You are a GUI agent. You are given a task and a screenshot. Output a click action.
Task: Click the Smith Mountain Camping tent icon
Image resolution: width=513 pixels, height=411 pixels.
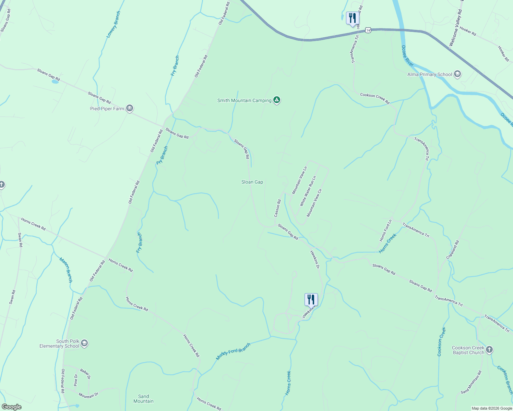point(277,100)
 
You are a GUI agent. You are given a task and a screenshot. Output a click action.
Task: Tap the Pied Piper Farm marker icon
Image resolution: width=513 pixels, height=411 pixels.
point(129,109)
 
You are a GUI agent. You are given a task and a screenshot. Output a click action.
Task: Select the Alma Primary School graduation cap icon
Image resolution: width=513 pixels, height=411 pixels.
point(457,74)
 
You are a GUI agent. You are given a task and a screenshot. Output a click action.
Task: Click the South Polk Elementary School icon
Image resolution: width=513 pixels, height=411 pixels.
point(84,343)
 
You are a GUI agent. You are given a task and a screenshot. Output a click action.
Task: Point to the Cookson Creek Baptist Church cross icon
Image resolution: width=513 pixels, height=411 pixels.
point(489,350)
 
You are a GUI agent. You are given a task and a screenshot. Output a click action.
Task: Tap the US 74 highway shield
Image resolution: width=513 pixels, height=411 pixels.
point(368,30)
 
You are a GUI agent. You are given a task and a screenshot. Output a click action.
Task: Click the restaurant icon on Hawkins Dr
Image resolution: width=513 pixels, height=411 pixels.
point(311,300)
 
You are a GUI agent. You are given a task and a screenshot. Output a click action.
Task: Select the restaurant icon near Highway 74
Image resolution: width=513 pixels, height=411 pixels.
point(353,18)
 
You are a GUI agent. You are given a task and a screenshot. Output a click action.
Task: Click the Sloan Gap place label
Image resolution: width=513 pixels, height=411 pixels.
point(252,182)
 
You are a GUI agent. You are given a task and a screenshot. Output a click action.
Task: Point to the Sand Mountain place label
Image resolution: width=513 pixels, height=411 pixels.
point(143,399)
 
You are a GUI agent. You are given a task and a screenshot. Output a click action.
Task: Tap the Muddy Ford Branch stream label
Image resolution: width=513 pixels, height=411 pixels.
point(233,351)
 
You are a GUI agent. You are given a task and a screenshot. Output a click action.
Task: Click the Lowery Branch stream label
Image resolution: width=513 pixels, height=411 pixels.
point(113,24)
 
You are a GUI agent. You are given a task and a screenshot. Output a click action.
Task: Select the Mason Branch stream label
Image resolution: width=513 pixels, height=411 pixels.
point(66,270)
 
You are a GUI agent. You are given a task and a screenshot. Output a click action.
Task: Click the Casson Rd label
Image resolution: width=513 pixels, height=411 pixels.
point(277,208)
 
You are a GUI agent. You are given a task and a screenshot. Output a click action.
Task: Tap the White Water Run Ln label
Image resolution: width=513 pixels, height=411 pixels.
point(308,191)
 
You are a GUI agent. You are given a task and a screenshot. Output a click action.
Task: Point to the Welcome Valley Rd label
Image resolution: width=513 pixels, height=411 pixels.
point(456,28)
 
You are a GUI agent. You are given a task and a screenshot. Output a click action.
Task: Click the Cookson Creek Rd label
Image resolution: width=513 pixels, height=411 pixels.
point(375,98)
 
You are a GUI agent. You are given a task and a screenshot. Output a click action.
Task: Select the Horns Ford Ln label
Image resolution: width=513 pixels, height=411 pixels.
point(385,231)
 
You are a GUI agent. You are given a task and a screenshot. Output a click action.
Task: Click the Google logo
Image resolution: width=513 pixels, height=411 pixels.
point(11,407)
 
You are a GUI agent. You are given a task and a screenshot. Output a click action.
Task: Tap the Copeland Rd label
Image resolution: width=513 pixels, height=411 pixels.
point(452,250)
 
